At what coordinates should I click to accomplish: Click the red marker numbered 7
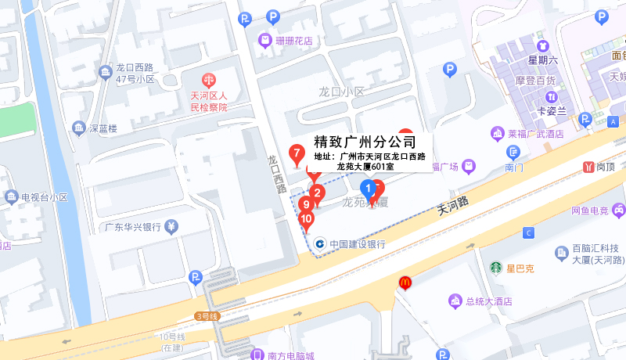click(x=297, y=154)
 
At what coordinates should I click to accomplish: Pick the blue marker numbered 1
click(x=367, y=188)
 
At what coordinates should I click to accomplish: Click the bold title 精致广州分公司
click(x=365, y=142)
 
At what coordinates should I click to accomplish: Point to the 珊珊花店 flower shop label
click(x=294, y=40)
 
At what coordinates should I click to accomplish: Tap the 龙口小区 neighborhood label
click(x=341, y=92)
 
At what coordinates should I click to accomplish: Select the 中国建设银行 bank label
click(x=357, y=244)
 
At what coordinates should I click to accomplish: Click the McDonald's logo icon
click(x=405, y=282)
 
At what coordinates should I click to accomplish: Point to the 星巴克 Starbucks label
click(x=520, y=268)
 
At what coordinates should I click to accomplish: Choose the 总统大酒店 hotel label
click(x=487, y=301)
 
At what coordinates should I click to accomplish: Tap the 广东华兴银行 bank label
click(x=134, y=228)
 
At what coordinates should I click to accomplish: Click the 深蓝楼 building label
click(x=103, y=128)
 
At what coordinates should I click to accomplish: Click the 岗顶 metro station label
click(x=605, y=167)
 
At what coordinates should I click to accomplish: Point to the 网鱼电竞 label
click(x=589, y=210)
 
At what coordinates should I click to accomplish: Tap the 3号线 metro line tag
click(x=206, y=316)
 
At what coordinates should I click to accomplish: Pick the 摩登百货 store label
click(x=535, y=81)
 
